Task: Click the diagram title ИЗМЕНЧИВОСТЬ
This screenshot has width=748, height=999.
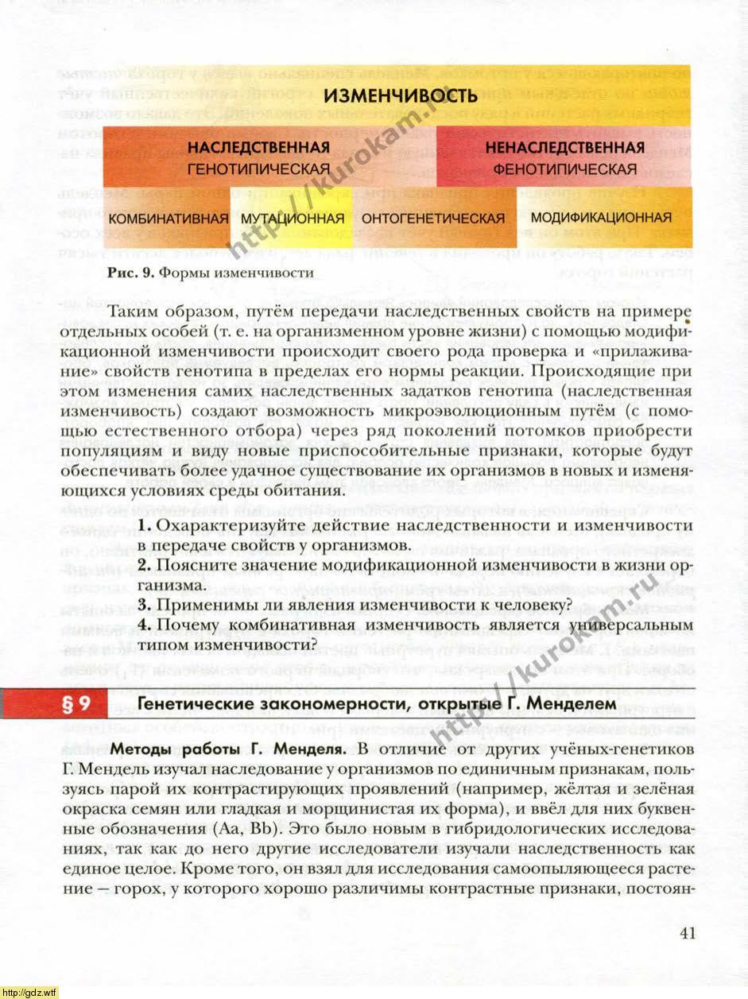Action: [401, 97]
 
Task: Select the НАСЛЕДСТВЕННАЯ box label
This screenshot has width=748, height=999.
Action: [258, 148]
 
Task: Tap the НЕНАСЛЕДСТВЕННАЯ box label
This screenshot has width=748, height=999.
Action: [564, 148]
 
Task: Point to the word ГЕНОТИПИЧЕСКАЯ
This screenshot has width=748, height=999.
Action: [258, 169]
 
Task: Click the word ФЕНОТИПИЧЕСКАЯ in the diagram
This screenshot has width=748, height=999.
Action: [564, 169]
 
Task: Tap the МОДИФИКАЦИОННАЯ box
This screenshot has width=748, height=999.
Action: [601, 217]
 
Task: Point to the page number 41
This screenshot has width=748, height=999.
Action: [688, 932]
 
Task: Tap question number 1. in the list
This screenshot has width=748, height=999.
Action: [143, 526]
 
